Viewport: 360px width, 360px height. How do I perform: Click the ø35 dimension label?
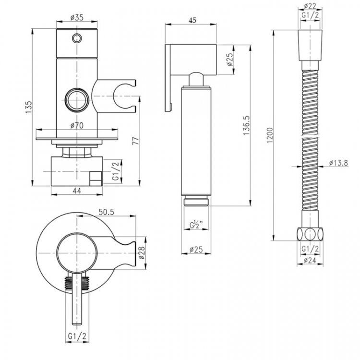77,17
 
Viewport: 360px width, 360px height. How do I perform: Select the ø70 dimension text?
78,126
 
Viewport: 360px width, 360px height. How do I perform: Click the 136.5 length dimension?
246,126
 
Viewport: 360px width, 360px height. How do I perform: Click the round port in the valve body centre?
77,100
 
